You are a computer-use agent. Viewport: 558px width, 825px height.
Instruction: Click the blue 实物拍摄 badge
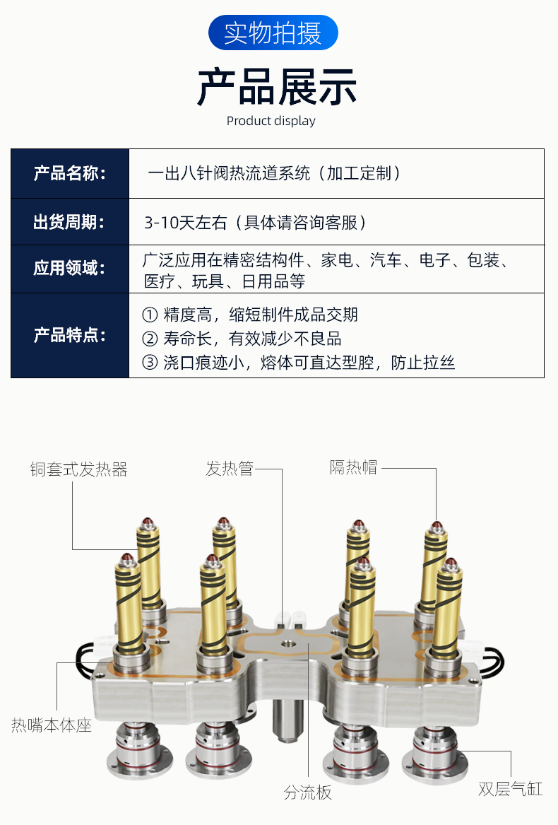[273, 33]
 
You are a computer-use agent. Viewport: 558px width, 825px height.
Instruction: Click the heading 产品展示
[277, 87]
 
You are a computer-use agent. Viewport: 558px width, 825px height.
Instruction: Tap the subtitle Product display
[271, 121]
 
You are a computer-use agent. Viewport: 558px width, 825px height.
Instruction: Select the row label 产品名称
[69, 173]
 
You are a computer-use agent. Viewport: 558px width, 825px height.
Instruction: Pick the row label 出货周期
[69, 222]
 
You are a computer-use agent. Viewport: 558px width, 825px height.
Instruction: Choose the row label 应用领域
[69, 269]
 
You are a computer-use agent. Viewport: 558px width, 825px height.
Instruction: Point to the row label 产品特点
[69, 335]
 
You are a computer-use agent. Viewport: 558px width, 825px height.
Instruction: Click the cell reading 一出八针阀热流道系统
[230, 173]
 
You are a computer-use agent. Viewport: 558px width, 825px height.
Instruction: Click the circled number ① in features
[150, 315]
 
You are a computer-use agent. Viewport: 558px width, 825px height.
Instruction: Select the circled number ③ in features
[150, 363]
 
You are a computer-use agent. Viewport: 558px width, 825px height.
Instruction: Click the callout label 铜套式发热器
[79, 469]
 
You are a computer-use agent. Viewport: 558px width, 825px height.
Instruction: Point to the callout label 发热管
[230, 468]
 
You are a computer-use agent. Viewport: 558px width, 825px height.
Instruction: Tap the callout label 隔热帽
[353, 467]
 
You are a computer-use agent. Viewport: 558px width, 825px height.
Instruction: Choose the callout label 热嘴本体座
[52, 725]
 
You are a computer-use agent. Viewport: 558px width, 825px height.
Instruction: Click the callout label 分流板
[308, 792]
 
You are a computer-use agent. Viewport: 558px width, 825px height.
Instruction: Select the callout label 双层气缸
[510, 789]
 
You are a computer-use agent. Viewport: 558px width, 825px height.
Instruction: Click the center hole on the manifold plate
[287, 643]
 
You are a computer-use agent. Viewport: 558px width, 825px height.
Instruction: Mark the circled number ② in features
[150, 339]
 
